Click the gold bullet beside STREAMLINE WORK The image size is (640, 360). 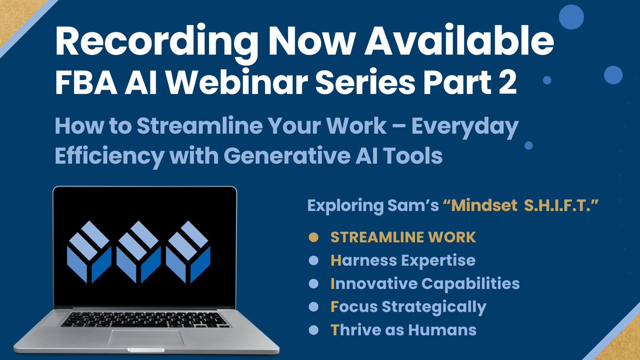click(314, 237)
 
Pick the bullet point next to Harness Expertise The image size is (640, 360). click(314, 260)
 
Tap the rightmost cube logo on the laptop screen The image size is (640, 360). click(188, 251)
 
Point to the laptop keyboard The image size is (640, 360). click(146, 319)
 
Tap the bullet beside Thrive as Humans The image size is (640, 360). click(314, 330)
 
